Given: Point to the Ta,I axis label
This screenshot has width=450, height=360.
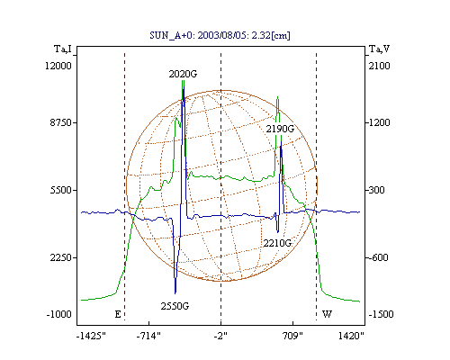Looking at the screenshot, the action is click(x=63, y=49).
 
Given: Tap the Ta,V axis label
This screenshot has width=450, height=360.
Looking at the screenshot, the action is click(x=379, y=49).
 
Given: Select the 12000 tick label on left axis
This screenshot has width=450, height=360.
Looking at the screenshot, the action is click(x=58, y=66).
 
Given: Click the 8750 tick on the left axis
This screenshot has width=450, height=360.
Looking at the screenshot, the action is click(x=61, y=122).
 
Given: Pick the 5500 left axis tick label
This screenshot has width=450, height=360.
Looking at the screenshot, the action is click(x=61, y=190).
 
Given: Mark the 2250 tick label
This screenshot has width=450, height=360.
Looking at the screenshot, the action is click(x=61, y=257).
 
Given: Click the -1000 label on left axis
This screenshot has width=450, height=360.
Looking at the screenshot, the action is click(x=58, y=314).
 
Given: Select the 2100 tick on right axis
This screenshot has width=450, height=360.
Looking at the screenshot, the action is click(x=379, y=66).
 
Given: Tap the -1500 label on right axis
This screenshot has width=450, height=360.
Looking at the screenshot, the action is click(x=381, y=314).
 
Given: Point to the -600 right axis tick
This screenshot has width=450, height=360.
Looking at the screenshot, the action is click(x=378, y=257).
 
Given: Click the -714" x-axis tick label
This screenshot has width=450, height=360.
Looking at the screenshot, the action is click(x=148, y=336).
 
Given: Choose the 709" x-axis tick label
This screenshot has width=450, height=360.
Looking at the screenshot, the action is click(x=292, y=336).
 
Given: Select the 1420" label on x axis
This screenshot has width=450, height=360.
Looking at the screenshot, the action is click(x=351, y=336).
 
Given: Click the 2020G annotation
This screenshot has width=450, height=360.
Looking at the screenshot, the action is click(x=183, y=74).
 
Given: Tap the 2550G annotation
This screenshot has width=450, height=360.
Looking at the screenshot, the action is click(x=175, y=306).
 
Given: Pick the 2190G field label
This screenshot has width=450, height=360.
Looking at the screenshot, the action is click(x=280, y=129).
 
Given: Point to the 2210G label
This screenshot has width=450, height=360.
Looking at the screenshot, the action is click(x=277, y=243).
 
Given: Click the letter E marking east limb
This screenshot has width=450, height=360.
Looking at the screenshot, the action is click(x=118, y=314).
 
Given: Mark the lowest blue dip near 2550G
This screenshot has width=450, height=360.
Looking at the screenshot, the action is click(x=175, y=292).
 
